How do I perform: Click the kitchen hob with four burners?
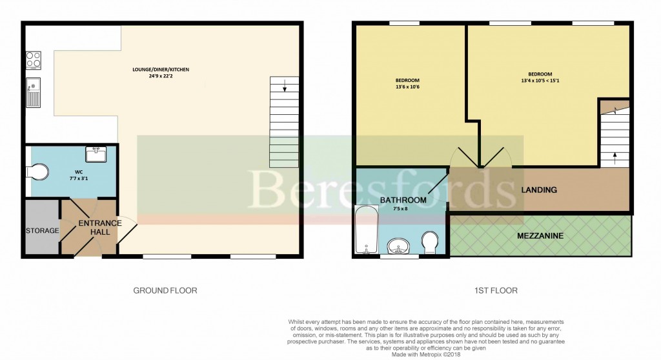point(33,60)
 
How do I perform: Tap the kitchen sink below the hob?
point(33,92)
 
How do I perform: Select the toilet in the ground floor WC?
point(38,173)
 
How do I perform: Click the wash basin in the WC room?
point(96,154)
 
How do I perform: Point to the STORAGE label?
point(42,231)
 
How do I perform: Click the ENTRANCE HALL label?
point(100,228)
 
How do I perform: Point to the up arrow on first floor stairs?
point(614,155)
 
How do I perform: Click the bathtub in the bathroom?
point(366,230)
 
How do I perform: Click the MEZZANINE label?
point(540,236)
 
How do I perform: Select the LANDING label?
point(539,190)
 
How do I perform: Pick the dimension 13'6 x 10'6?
point(407,87)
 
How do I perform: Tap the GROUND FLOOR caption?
point(165,291)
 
